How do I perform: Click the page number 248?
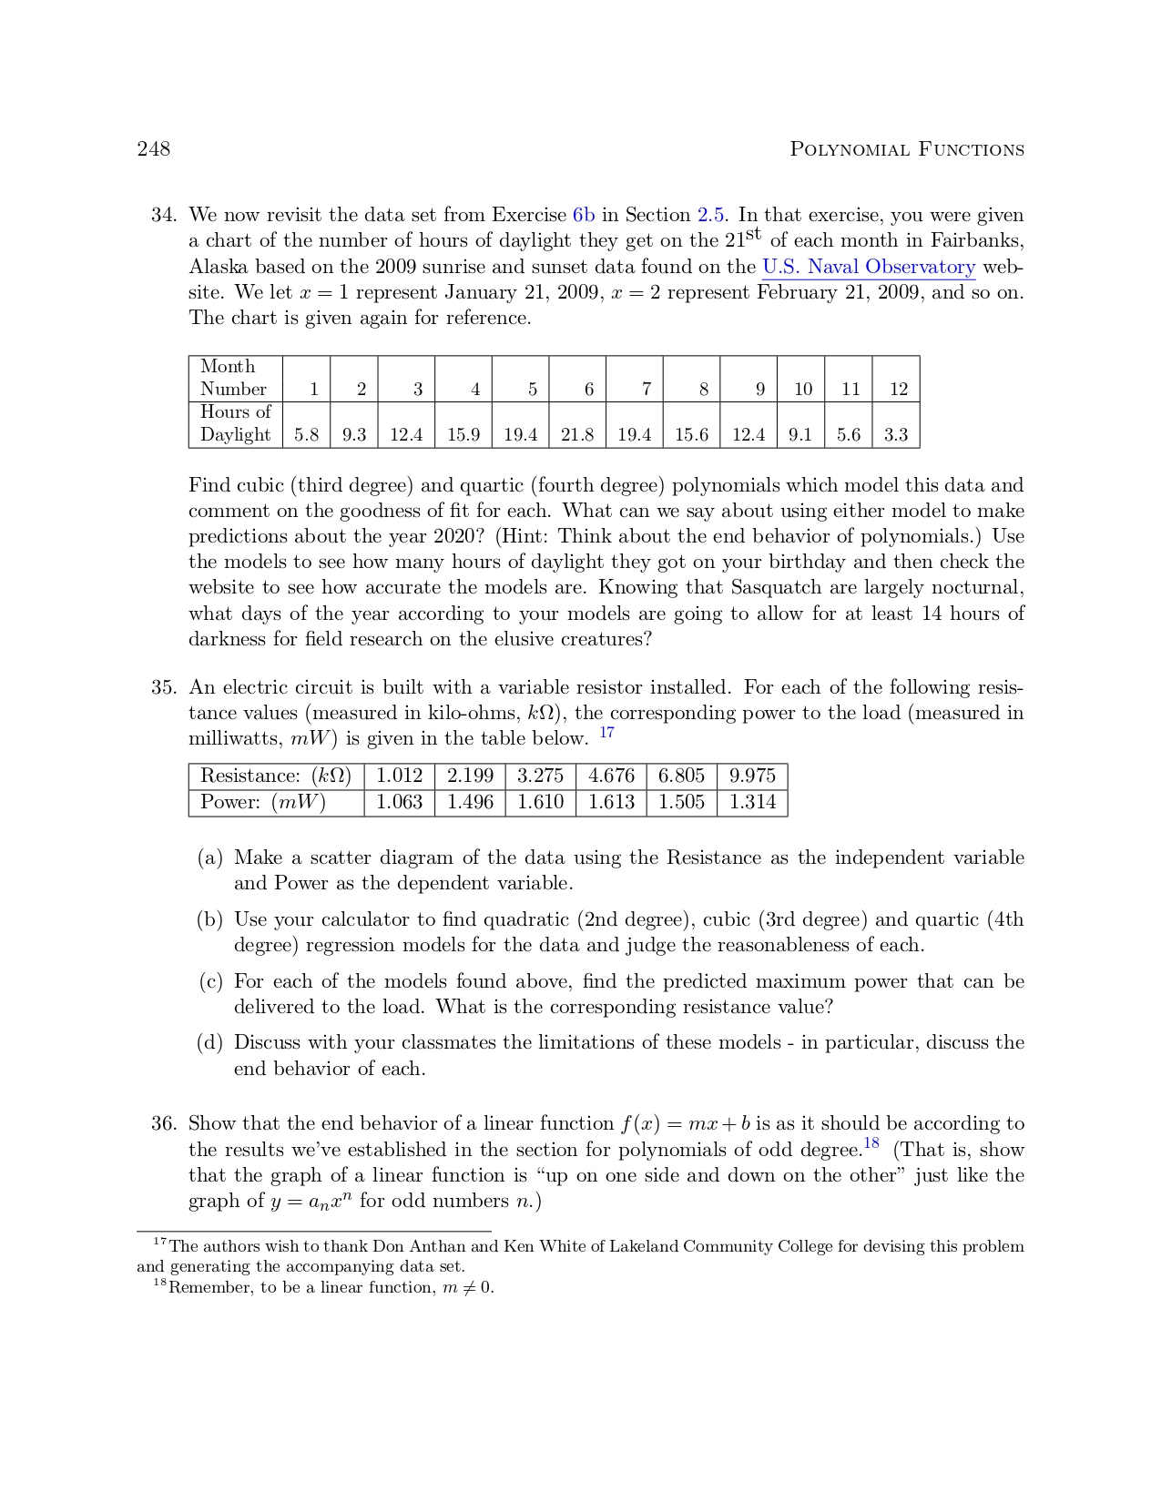tap(153, 149)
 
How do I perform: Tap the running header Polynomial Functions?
tap(906, 149)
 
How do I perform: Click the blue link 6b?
tap(584, 216)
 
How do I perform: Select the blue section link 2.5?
tap(710, 216)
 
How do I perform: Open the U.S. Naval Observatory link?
tap(868, 267)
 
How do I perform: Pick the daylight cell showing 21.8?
tap(577, 435)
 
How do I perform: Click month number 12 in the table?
tap(898, 390)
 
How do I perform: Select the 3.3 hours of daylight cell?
tap(896, 435)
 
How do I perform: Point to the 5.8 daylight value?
tap(307, 435)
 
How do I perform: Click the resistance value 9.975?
tap(752, 776)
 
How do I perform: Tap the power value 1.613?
tap(611, 802)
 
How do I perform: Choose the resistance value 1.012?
tap(400, 776)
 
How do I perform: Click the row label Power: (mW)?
tap(263, 802)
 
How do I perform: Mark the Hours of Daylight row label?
tap(236, 423)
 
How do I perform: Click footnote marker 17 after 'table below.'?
tap(607, 733)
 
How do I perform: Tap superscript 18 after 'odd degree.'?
tap(871, 1143)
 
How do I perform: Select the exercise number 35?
tap(163, 687)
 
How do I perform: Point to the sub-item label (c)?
tap(210, 981)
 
